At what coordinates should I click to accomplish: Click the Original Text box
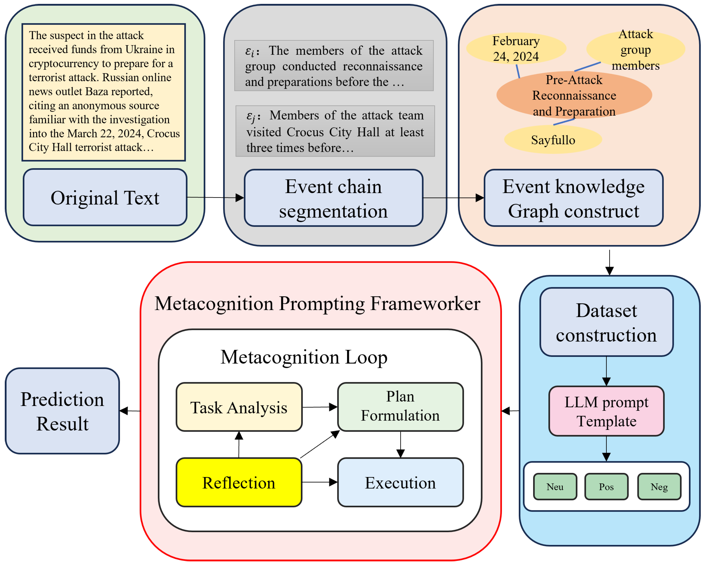pos(105,197)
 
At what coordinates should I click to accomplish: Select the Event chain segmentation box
pos(334,198)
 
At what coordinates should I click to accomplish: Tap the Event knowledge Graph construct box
pos(574,198)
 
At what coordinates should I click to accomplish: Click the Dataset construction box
pos(606,322)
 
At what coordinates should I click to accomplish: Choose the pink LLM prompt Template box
pos(606,411)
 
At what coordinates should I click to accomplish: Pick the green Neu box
pos(555,487)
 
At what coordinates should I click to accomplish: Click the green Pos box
pos(606,487)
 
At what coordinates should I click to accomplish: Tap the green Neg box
pos(659,487)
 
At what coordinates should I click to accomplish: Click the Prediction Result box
pos(62,411)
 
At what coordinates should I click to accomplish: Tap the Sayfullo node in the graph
pos(553,140)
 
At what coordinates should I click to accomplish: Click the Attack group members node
pos(636,49)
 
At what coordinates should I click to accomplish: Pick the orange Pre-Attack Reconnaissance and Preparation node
pos(574,95)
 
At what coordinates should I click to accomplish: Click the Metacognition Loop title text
pos(304,357)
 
